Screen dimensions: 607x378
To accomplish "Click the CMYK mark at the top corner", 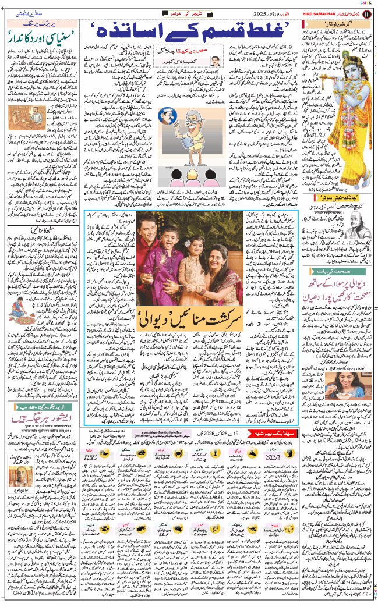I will (x=366, y=3).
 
